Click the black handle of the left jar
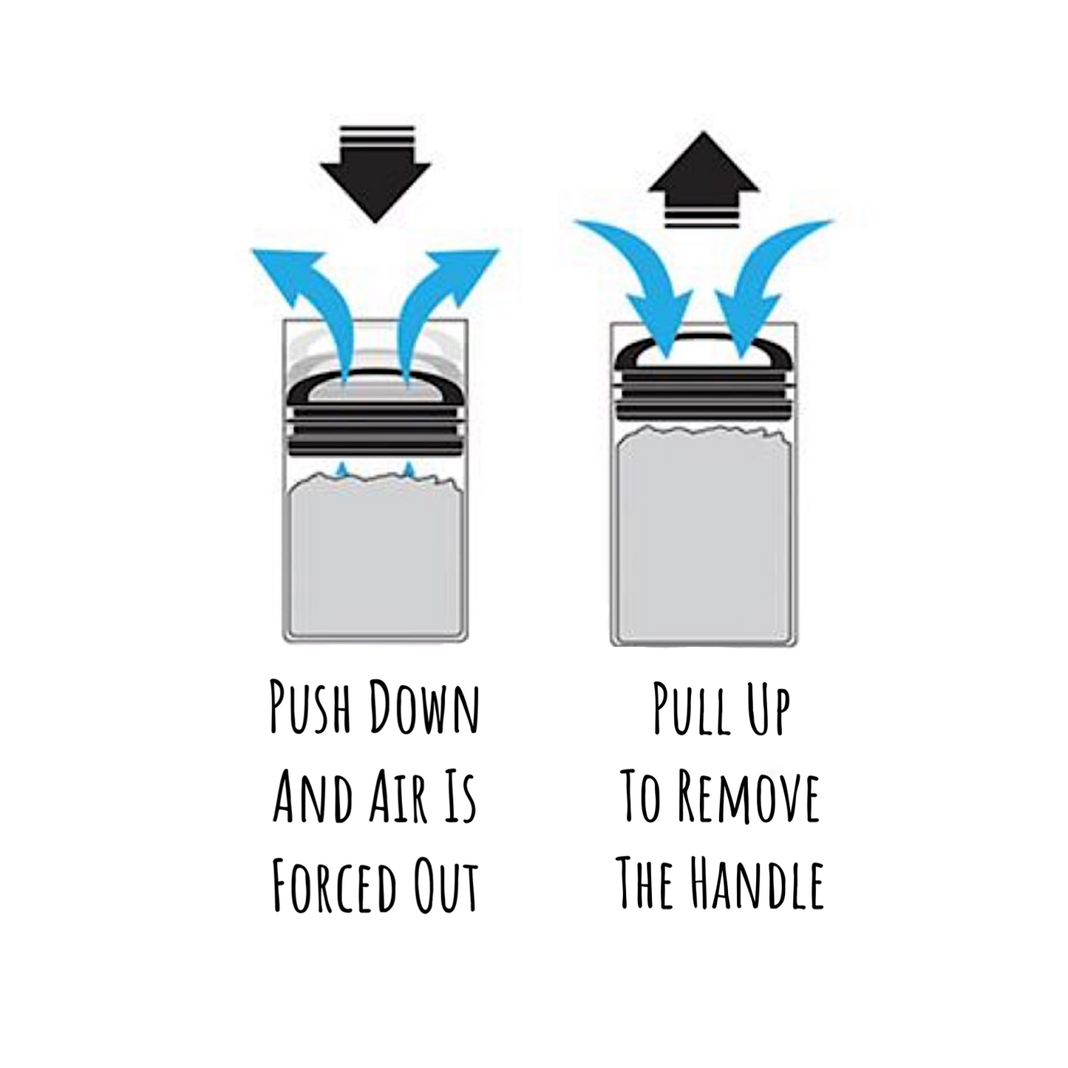[x=375, y=376]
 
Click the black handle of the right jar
[x=704, y=341]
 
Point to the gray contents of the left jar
[x=375, y=554]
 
